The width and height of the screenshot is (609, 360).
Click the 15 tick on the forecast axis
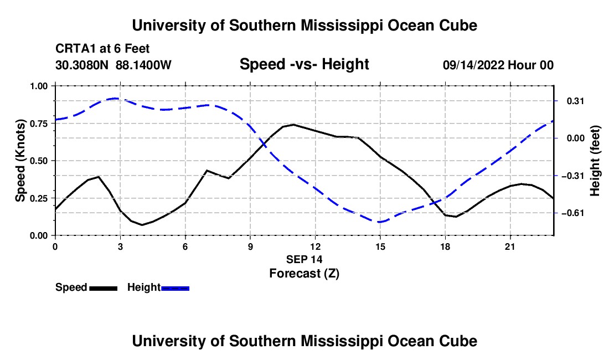[380, 246]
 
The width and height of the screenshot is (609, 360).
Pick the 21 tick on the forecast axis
[510, 246]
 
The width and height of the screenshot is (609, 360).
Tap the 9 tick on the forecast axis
[250, 246]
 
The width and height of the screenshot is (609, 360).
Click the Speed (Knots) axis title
[20, 161]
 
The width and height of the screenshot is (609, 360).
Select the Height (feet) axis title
[595, 161]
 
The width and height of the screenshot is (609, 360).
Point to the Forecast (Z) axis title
[304, 274]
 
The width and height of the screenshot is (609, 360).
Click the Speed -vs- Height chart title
[304, 64]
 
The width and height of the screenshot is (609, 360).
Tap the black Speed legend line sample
[104, 289]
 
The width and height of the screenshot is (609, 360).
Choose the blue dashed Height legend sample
[175, 289]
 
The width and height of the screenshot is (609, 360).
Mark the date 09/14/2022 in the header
[473, 65]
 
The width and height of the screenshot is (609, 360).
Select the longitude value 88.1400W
[143, 65]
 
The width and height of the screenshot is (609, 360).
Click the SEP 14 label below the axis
[304, 259]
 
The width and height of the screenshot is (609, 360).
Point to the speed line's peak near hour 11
[293, 125]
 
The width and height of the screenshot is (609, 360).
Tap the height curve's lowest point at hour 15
[380, 222]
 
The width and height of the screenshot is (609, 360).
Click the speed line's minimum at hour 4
[142, 225]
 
